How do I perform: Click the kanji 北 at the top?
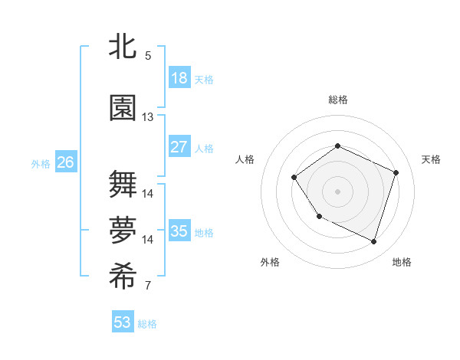123,46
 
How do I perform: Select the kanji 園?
123,109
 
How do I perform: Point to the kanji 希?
123,278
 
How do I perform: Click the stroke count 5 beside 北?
148,55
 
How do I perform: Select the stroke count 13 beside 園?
148,117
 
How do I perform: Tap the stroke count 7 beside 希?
148,286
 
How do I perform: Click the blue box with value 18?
179,78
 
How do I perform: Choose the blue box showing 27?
179,147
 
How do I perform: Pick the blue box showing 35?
179,231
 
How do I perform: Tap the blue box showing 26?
65,162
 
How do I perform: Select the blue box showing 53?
123,322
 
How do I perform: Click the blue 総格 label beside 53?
147,324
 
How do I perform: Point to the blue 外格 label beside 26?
40,163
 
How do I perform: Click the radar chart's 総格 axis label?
337,100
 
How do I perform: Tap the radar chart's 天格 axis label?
431,159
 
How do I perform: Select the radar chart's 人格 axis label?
245,159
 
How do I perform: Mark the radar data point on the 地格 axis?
373,241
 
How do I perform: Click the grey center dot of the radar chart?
337,191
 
